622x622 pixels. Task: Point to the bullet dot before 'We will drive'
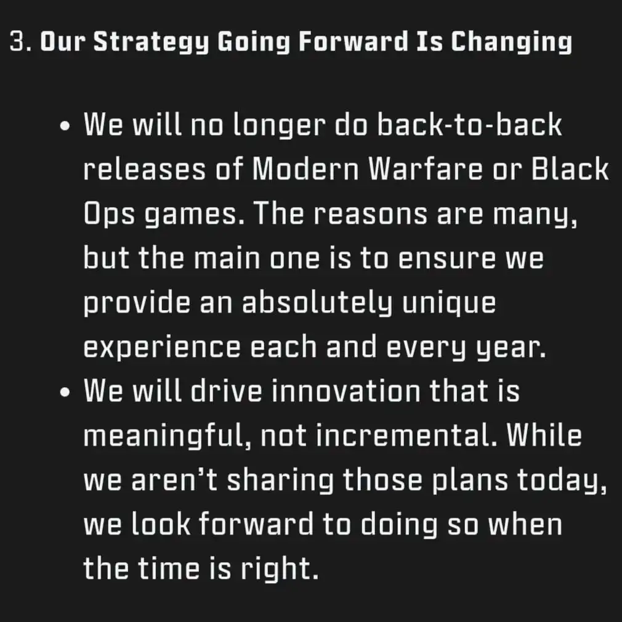65,393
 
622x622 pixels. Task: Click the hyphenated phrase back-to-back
469,125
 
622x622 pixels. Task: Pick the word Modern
305,169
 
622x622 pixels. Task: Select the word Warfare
426,169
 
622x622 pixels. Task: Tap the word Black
570,169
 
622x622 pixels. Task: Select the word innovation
345,391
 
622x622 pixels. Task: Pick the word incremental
406,435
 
